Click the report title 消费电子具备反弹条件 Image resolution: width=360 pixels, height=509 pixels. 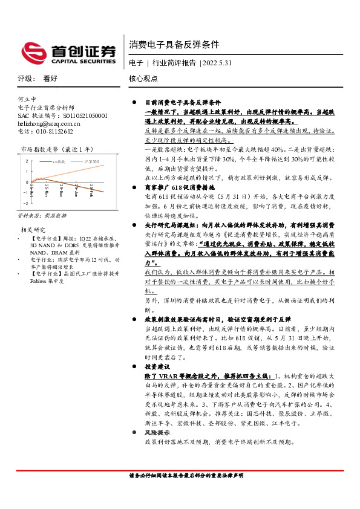point(174,45)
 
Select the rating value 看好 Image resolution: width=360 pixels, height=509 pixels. point(50,78)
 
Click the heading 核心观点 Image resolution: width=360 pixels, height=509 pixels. point(143,78)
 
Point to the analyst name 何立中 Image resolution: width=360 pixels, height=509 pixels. point(27,99)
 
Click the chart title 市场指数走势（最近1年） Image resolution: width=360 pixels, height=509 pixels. point(57,148)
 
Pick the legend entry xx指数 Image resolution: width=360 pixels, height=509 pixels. point(61,161)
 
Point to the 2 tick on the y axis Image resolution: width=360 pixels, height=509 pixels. point(27,161)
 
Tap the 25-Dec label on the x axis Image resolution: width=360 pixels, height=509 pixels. point(62,190)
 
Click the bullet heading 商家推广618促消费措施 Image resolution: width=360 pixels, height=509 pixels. point(178,188)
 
